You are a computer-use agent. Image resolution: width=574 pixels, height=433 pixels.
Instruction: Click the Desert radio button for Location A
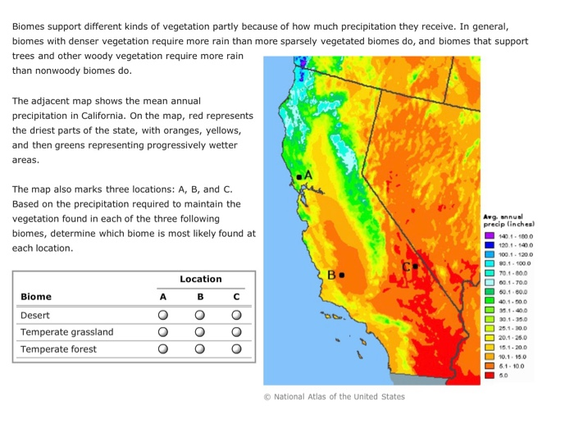[x=163, y=315]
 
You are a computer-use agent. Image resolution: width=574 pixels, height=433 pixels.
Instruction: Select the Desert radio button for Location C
[x=237, y=315]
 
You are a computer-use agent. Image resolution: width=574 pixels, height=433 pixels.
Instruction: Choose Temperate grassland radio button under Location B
[x=200, y=332]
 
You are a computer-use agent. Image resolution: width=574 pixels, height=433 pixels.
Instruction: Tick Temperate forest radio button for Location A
[x=163, y=349]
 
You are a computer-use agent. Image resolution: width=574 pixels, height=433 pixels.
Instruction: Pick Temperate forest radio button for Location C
[x=237, y=349]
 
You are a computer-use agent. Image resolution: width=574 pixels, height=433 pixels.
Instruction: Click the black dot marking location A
[x=298, y=176]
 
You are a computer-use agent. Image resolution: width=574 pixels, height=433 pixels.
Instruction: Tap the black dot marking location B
[x=342, y=275]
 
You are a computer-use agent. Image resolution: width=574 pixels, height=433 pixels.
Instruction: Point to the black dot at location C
[x=416, y=266]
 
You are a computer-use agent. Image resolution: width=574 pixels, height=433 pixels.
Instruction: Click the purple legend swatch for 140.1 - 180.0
[x=490, y=236]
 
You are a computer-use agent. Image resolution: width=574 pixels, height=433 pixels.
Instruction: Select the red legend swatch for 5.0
[x=490, y=375]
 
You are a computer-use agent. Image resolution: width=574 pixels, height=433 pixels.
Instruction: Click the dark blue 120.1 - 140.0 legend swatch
[x=490, y=245]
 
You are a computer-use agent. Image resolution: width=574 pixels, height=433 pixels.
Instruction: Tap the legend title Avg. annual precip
[x=509, y=220]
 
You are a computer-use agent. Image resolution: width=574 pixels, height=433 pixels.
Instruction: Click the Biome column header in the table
[x=36, y=296]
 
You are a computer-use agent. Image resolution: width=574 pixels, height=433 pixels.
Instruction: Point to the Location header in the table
[x=201, y=279]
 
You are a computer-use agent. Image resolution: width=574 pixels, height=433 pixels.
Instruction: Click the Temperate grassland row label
[x=66, y=332]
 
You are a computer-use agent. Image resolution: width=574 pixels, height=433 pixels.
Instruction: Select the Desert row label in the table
[x=35, y=315]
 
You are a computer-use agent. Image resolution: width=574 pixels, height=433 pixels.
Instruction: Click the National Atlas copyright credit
[x=334, y=397]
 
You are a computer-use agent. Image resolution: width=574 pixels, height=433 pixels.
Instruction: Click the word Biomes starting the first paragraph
[x=30, y=25]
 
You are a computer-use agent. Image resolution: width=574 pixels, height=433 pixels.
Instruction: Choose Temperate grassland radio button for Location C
[x=237, y=332]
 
